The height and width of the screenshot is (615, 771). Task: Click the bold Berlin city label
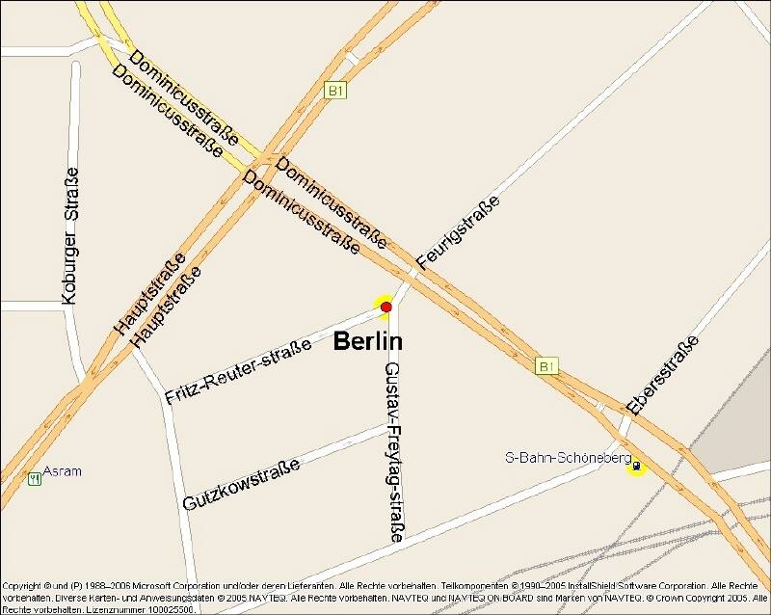coord(368,341)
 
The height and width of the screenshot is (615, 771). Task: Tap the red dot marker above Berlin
coord(385,307)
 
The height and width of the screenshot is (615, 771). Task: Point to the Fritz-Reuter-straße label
coord(237,370)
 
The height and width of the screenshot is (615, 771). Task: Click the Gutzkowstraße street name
coord(241,484)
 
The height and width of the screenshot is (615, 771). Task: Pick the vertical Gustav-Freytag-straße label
coord(393,451)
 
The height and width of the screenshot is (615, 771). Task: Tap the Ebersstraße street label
coord(662,374)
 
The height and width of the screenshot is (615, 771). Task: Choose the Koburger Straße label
coord(69,236)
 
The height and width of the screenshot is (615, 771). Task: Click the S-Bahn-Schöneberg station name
coord(568,457)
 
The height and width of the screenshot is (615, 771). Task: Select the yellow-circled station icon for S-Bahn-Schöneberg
coord(636,466)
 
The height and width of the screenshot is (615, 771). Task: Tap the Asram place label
coord(63,471)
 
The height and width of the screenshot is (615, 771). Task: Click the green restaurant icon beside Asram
coord(36,477)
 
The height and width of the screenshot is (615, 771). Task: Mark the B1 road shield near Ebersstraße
coord(546,366)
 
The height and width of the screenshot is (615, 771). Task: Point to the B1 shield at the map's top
coord(335,91)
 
